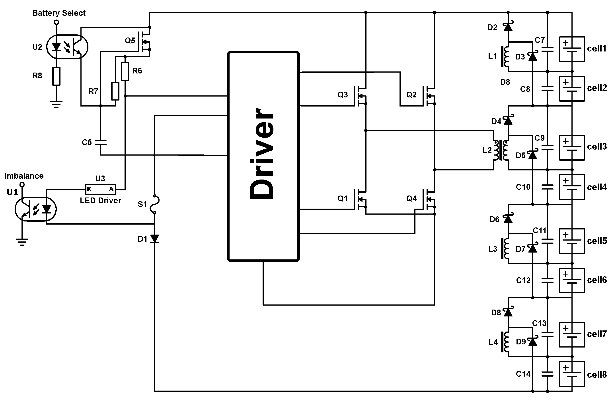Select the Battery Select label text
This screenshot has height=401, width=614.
(x=59, y=13)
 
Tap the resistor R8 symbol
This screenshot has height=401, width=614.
(x=56, y=76)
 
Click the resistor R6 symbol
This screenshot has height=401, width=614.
(x=125, y=71)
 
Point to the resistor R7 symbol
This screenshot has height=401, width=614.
(x=115, y=91)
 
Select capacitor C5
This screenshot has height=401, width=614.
(x=100, y=143)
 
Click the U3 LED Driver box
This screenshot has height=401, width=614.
(x=100, y=189)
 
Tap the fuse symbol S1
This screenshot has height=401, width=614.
(x=155, y=204)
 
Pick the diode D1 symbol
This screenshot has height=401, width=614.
(x=155, y=239)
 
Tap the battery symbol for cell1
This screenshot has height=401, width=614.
(x=572, y=49)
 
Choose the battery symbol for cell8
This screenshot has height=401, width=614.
(x=572, y=374)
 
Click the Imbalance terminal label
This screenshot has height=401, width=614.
(x=24, y=176)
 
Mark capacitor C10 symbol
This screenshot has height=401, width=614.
(x=548, y=187)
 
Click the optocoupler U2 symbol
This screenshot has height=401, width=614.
(x=67, y=47)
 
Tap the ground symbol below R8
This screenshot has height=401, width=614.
(x=56, y=104)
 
